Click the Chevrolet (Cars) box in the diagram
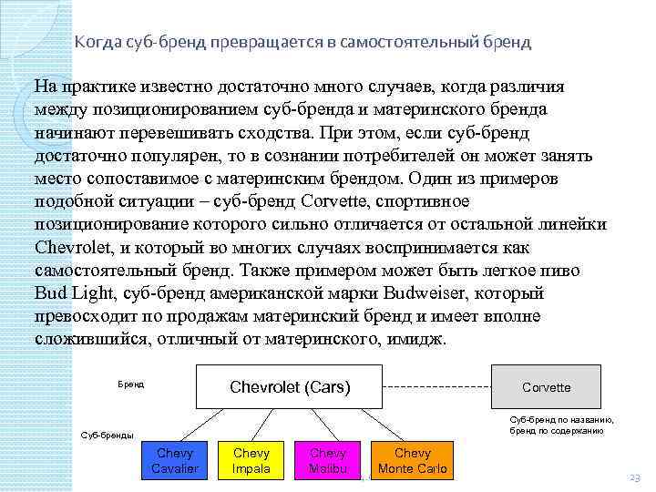tap(290, 387)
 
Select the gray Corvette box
tap(546, 387)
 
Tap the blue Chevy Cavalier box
tap(175, 461)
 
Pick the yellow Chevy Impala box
tap(251, 461)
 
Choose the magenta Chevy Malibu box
tap(328, 461)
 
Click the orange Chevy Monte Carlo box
tap(413, 461)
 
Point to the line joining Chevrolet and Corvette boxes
tap(436, 387)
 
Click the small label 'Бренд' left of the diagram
tap(130, 384)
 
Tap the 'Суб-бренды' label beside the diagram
tap(108, 435)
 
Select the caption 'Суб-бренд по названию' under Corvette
tap(561, 420)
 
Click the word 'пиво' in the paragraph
tap(546, 271)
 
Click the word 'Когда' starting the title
tap(92, 42)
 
